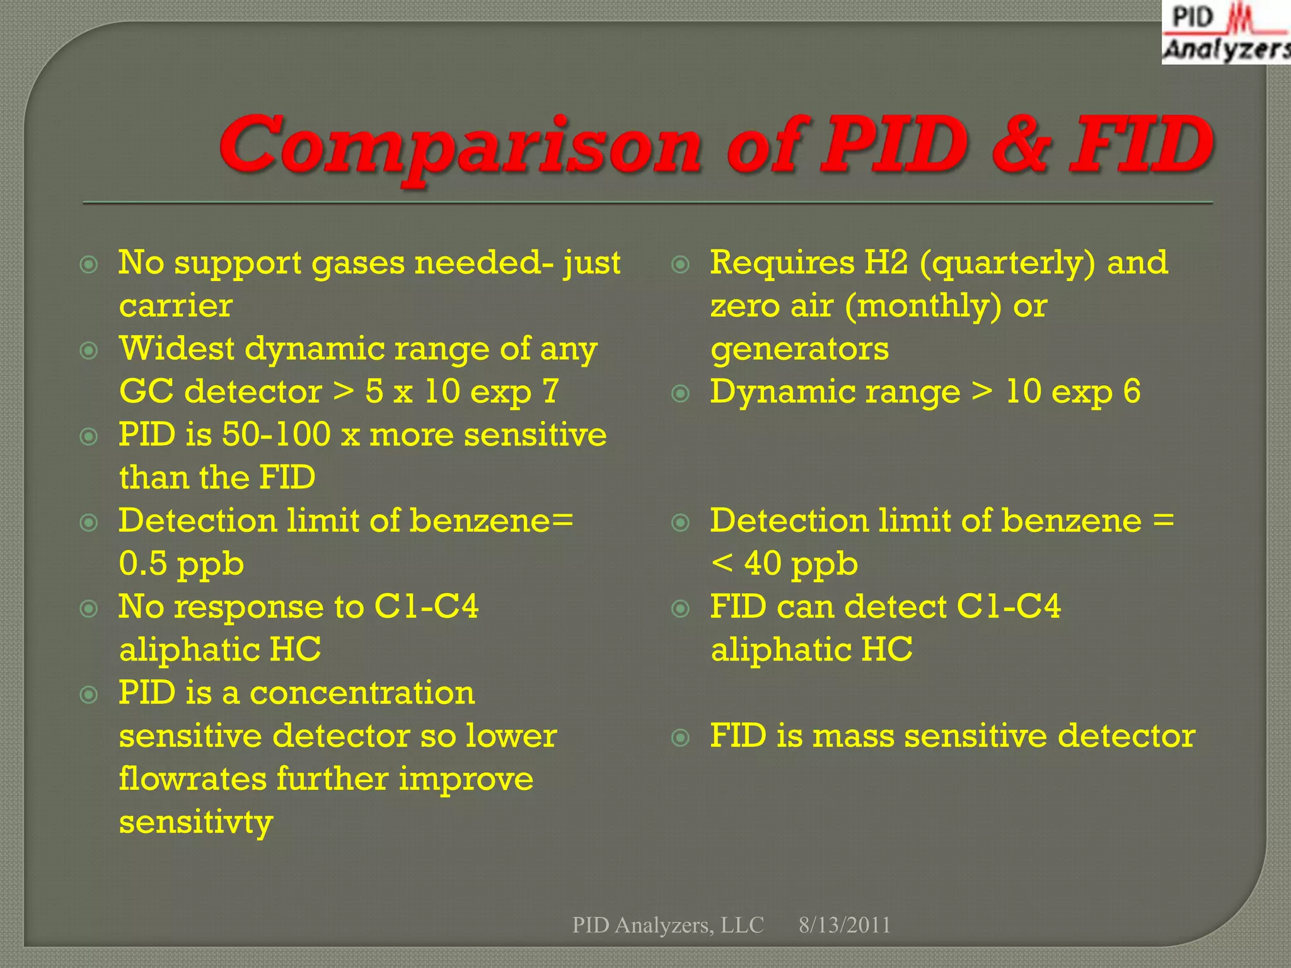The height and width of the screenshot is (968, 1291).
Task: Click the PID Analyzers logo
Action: point(1225,33)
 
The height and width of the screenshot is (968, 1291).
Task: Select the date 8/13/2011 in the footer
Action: point(844,925)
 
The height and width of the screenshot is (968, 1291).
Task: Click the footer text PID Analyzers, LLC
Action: point(668,925)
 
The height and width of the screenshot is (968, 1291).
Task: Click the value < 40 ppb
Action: point(784,563)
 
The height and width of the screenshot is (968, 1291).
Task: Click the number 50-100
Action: point(276,435)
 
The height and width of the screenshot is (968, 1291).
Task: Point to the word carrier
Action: point(175,306)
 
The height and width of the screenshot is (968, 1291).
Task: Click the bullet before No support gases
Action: point(90,264)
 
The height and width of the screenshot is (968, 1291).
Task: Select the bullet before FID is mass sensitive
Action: point(681,737)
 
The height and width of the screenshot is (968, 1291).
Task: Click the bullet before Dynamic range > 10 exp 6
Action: point(681,394)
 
